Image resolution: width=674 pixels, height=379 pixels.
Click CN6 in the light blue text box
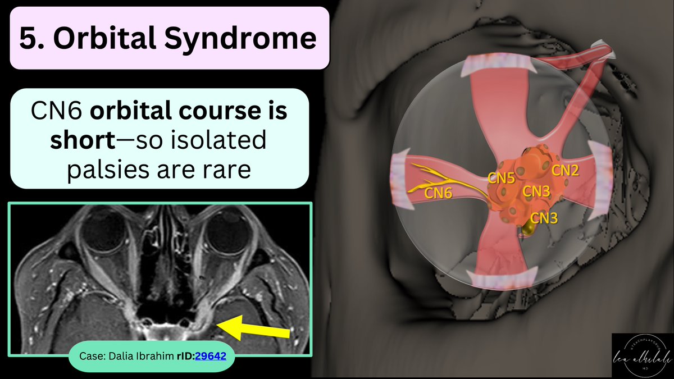(x=52, y=111)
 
